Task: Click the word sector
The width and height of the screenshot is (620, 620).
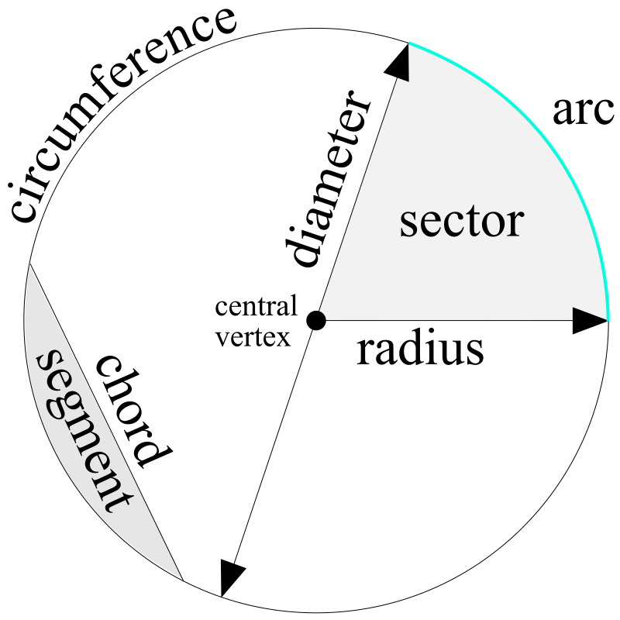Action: (462, 222)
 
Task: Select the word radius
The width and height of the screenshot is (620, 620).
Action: (420, 351)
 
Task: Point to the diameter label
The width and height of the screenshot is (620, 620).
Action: (325, 179)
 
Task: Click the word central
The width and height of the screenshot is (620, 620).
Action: (257, 307)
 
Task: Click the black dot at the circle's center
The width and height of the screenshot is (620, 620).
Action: (315, 320)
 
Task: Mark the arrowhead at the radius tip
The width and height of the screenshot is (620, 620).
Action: (590, 320)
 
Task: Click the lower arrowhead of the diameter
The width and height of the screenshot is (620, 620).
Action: (230, 578)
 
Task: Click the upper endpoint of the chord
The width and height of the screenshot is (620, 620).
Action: (29, 265)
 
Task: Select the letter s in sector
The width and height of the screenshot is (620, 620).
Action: (410, 226)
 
